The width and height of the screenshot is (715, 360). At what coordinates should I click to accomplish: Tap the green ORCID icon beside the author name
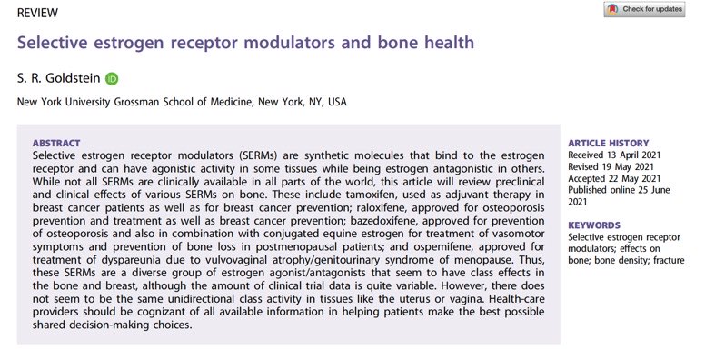click(112, 78)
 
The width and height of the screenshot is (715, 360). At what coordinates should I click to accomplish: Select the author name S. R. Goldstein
click(58, 78)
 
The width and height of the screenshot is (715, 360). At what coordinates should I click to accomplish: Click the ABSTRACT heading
click(56, 143)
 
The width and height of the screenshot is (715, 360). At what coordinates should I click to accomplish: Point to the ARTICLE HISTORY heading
click(608, 143)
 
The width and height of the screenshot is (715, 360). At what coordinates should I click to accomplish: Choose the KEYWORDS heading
click(596, 225)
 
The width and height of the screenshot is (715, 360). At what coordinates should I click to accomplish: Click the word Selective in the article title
click(52, 43)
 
